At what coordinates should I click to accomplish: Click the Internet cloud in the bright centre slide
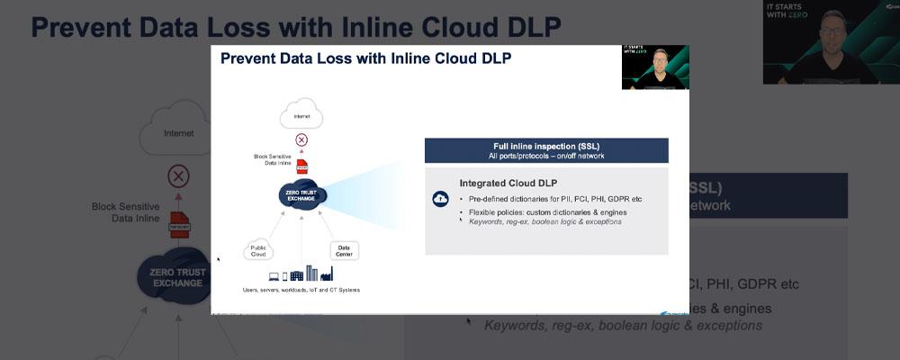pyautogui.click(x=301, y=116)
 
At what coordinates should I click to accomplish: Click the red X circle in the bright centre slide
pyautogui.click(x=301, y=139)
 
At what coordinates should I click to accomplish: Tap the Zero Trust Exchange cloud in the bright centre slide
pyautogui.click(x=301, y=193)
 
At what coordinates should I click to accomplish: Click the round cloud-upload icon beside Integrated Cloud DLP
pyautogui.click(x=440, y=199)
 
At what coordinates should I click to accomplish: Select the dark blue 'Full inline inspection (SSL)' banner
pyautogui.click(x=546, y=149)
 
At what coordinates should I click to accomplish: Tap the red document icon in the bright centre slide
pyautogui.click(x=302, y=166)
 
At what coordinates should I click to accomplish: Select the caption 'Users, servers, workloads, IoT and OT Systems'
pyautogui.click(x=301, y=290)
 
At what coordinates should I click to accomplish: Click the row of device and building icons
pyautogui.click(x=301, y=273)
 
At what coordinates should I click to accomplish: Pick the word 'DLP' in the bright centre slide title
pyautogui.click(x=494, y=60)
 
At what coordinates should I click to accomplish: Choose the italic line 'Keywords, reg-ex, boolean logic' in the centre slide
pyautogui.click(x=544, y=221)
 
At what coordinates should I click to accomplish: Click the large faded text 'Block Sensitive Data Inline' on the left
pyautogui.click(x=126, y=211)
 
